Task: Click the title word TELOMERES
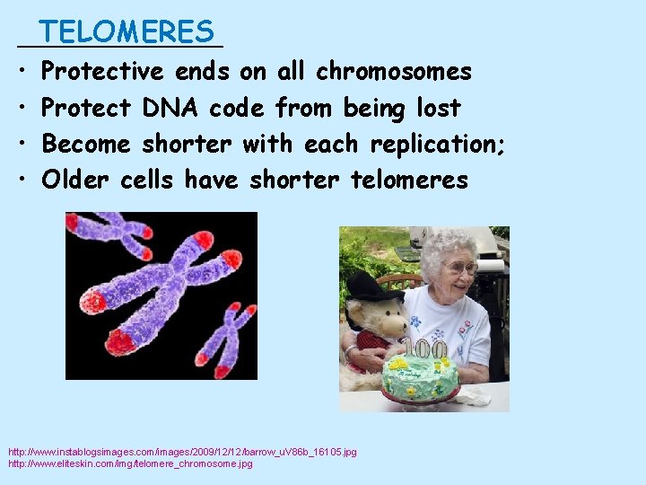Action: [127, 32]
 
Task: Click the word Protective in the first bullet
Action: [102, 71]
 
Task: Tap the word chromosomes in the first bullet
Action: [394, 71]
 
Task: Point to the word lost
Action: [439, 108]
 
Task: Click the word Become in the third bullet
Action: [86, 144]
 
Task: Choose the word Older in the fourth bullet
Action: [75, 180]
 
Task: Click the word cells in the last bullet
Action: [146, 180]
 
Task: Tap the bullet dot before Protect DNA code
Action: [20, 108]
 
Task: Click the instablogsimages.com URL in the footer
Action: [182, 452]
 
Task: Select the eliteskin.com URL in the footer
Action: [130, 463]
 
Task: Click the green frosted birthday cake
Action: [420, 377]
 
